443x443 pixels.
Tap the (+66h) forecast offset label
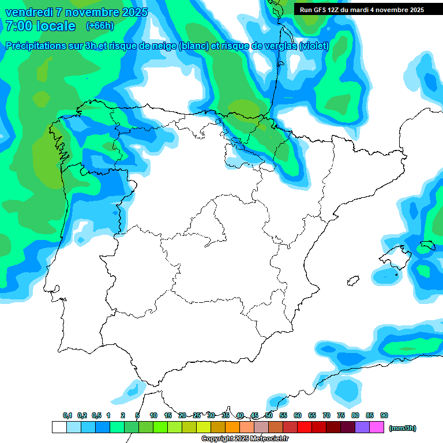coord(99,26)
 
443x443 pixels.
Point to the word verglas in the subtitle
coord(277,46)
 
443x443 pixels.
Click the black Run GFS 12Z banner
coord(362,9)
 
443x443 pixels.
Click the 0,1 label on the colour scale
coord(67,416)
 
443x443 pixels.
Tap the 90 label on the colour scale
coord(384,416)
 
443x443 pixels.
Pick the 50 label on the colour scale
coord(269,416)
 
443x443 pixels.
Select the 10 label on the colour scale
coord(153,416)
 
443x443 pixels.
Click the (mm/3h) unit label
coord(403,428)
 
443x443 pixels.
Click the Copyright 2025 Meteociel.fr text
coord(245,439)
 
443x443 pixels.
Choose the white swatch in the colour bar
coord(59,427)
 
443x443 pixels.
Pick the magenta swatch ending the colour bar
coord(377,427)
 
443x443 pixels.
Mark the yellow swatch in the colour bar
coord(204,427)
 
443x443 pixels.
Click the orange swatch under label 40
coord(232,427)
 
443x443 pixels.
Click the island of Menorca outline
coord(427,246)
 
